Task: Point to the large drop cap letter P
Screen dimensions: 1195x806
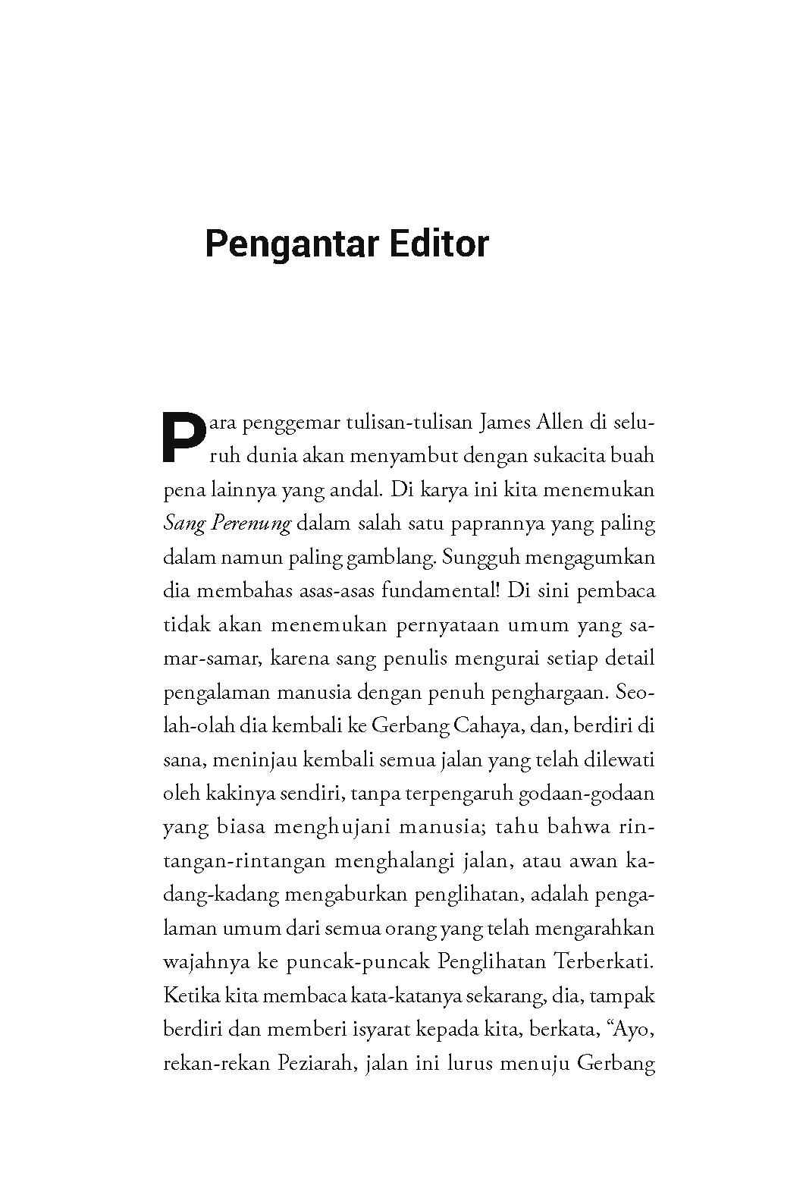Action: pyautogui.click(x=184, y=438)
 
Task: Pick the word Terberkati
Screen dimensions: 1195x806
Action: pyautogui.click(x=604, y=962)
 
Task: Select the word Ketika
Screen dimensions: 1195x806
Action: pyautogui.click(x=186, y=995)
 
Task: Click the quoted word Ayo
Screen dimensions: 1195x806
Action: pyautogui.click(x=632, y=1030)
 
